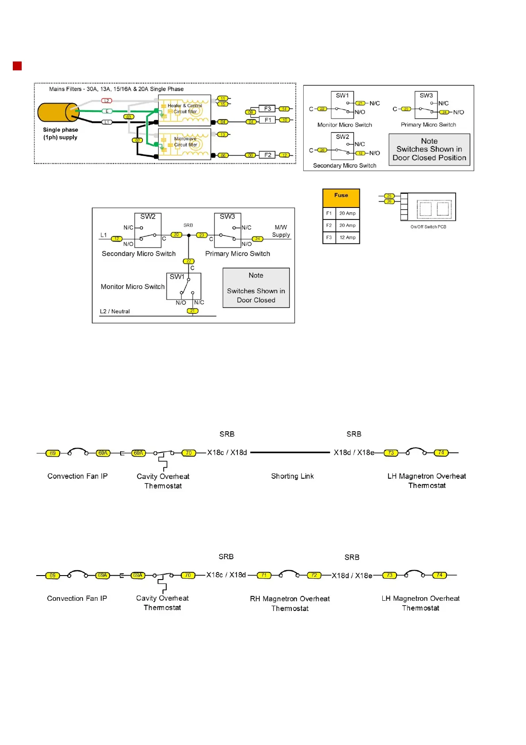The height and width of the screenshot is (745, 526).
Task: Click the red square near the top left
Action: (17, 66)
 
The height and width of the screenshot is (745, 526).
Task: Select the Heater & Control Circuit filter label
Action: (185, 108)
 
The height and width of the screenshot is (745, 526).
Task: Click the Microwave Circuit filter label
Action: (185, 142)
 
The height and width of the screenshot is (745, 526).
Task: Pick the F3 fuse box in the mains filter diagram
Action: (267, 109)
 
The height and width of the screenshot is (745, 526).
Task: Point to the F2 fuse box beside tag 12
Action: (268, 155)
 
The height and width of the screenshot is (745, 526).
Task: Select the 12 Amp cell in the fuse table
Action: (347, 238)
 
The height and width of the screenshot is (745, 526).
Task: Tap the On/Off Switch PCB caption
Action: (428, 227)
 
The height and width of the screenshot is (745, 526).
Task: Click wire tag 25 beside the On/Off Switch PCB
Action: (389, 196)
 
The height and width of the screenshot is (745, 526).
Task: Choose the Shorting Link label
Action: (292, 476)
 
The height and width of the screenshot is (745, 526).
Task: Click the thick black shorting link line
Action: (290, 453)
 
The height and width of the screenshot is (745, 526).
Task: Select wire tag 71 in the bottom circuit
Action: (264, 575)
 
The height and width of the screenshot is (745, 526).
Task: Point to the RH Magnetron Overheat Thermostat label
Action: (290, 603)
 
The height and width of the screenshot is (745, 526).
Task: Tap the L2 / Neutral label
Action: (115, 311)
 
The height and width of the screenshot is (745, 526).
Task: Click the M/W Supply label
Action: (281, 231)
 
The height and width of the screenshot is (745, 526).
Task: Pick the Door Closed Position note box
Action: (429, 150)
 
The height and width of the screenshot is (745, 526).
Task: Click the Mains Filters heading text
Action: (116, 89)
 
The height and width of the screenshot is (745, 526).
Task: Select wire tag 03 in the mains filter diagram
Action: (129, 117)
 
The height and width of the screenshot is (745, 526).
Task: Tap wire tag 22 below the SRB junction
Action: (189, 261)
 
